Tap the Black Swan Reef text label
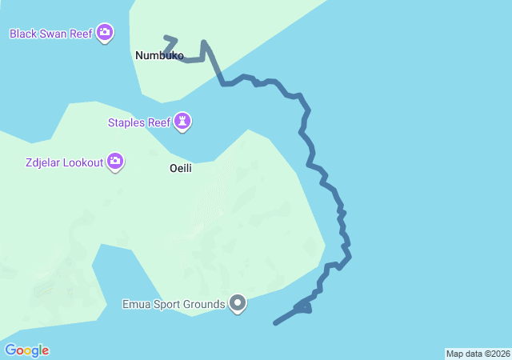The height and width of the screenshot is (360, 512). [x=50, y=34]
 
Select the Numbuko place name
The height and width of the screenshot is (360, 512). [x=159, y=56]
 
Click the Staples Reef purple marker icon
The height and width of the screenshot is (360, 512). [x=184, y=122]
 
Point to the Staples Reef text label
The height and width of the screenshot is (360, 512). [x=139, y=123]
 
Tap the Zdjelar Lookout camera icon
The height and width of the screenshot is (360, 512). [x=116, y=162]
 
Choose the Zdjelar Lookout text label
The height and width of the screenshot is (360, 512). [x=64, y=163]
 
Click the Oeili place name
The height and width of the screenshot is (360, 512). [x=181, y=169]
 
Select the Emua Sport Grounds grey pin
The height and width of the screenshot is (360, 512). [x=238, y=303]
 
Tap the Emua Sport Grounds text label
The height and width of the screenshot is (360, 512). [x=173, y=304]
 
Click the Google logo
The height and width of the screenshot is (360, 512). [x=26, y=350]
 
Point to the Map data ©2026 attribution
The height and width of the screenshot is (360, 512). [x=477, y=354]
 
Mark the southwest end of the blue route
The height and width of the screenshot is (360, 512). [x=275, y=323]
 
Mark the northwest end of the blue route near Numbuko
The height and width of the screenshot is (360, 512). [x=166, y=37]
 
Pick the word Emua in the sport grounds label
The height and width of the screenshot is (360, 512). [x=136, y=304]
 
